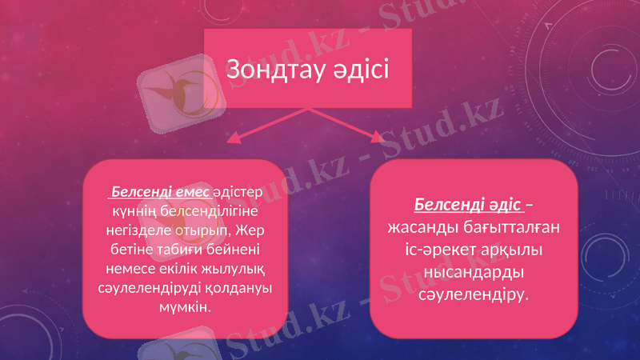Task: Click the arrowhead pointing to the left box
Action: tap(234, 139)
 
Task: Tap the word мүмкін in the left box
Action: tap(186, 306)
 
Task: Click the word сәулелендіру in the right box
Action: tap(474, 295)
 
